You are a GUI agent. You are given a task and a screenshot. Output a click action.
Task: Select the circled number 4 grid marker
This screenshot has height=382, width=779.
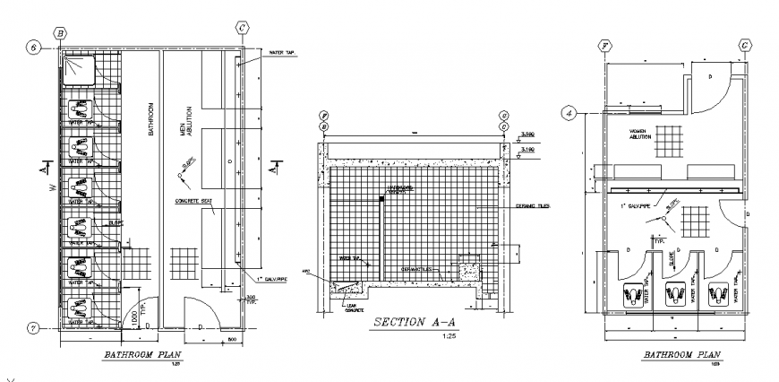coord(568,113)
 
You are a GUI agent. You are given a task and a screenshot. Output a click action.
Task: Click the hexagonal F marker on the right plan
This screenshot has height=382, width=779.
coord(606,45)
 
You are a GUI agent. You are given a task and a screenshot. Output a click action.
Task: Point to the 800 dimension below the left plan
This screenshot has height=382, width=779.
coord(231,341)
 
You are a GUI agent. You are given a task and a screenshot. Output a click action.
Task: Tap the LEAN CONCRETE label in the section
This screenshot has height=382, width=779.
coord(354,308)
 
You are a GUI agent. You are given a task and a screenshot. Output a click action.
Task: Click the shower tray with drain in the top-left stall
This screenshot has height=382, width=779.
coord(78,66)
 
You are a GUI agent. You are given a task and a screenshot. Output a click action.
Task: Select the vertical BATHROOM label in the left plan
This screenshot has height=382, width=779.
coord(152,117)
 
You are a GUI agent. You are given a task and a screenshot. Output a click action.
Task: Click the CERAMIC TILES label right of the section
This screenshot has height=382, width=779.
coord(535,206)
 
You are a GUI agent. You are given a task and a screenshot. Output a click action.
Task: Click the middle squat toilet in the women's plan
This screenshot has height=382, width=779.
coord(676,293)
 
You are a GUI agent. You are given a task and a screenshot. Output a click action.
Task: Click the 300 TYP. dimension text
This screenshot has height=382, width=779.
coord(250,300)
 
